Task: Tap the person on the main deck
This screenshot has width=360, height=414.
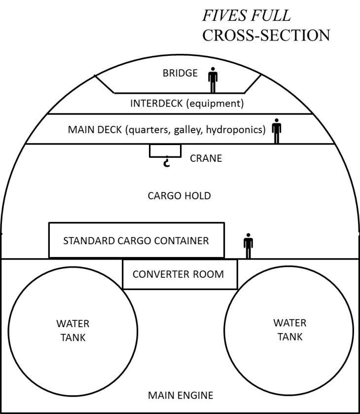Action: coord(277,131)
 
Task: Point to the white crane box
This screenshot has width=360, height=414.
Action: coord(165,151)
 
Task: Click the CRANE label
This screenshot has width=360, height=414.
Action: coord(206,159)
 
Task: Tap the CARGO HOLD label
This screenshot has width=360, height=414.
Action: coord(180,196)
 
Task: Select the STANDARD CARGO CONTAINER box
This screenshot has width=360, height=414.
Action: coord(137,240)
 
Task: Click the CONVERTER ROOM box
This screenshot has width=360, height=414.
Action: coord(180,274)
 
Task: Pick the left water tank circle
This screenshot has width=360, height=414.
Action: coord(72,331)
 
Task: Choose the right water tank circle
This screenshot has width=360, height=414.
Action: coord(289,330)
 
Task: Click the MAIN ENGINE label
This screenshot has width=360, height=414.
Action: coord(180,395)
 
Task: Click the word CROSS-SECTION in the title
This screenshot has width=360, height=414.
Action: coord(266,36)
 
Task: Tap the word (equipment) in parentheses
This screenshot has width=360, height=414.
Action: coord(217,104)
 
